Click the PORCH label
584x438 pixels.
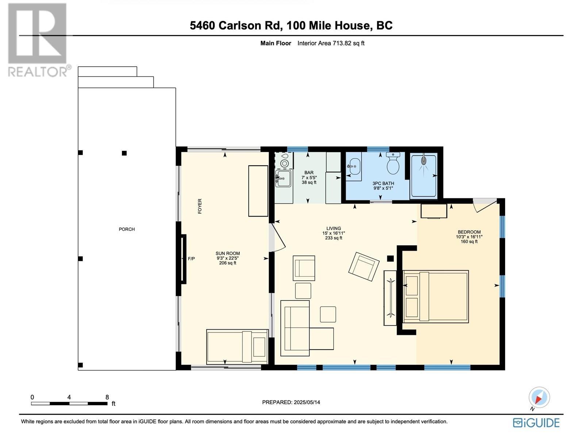coord(127,229)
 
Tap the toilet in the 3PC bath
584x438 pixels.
coord(393,165)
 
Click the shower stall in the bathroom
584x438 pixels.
coord(423,176)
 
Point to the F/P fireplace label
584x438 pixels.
coord(191,259)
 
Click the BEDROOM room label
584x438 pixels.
coord(469,232)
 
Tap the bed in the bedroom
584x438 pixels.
coord(436,296)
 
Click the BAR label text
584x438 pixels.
coord(309,173)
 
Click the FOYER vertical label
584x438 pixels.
coord(200,206)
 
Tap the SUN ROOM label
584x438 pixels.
coord(227,253)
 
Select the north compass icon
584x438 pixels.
coord(539,397)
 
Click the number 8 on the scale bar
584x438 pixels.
coord(107,397)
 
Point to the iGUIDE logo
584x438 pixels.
coord(536,423)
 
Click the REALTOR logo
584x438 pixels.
coord(38,40)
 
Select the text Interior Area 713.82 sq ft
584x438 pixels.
coord(331,43)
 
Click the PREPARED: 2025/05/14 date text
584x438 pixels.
coord(291,402)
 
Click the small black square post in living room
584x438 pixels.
coord(390,258)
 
